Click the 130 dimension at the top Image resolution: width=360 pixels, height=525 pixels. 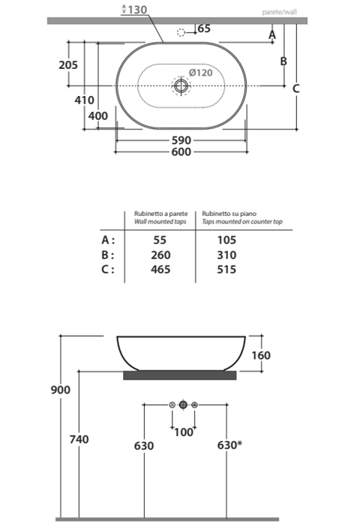click(x=137, y=10)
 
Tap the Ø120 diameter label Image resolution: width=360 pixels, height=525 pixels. click(x=200, y=73)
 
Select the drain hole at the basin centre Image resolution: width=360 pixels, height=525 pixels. click(x=180, y=86)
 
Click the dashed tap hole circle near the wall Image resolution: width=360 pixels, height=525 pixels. click(x=180, y=33)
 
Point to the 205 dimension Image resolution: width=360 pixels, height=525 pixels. click(x=68, y=65)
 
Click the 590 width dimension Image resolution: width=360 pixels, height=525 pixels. click(x=181, y=140)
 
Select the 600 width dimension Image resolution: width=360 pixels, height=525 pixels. click(x=181, y=151)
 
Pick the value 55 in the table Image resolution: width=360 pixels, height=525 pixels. click(x=160, y=240)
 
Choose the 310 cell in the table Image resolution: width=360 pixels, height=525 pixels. click(x=226, y=255)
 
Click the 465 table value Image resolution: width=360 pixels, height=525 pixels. click(x=160, y=269)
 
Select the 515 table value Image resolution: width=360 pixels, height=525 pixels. click(x=226, y=269)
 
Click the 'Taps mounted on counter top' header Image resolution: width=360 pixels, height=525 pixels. click(x=241, y=223)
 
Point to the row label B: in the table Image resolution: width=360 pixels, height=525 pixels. click(x=108, y=255)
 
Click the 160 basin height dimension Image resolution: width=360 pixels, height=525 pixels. click(x=260, y=355)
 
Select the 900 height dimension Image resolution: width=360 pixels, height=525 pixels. click(x=61, y=390)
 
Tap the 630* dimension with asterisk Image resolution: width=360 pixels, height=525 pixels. click(x=229, y=445)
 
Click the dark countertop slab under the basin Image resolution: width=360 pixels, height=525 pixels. click(x=179, y=374)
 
